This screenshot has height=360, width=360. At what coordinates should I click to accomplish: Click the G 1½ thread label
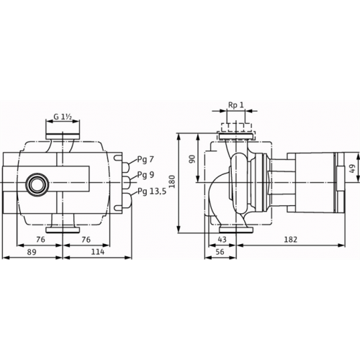(x=63, y=117)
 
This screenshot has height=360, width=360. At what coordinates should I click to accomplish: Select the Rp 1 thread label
(x=235, y=105)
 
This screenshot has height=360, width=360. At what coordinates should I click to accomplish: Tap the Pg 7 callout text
(x=145, y=160)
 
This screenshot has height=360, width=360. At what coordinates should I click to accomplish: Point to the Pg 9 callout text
(x=145, y=175)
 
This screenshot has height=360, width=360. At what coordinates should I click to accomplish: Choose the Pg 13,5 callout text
(x=152, y=192)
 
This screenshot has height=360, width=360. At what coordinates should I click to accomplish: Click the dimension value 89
(x=32, y=252)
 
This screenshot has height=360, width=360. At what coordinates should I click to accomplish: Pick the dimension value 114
(x=98, y=252)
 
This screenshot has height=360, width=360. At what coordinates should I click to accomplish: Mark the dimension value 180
(x=172, y=181)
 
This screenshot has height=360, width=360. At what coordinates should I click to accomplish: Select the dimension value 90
(x=192, y=159)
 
